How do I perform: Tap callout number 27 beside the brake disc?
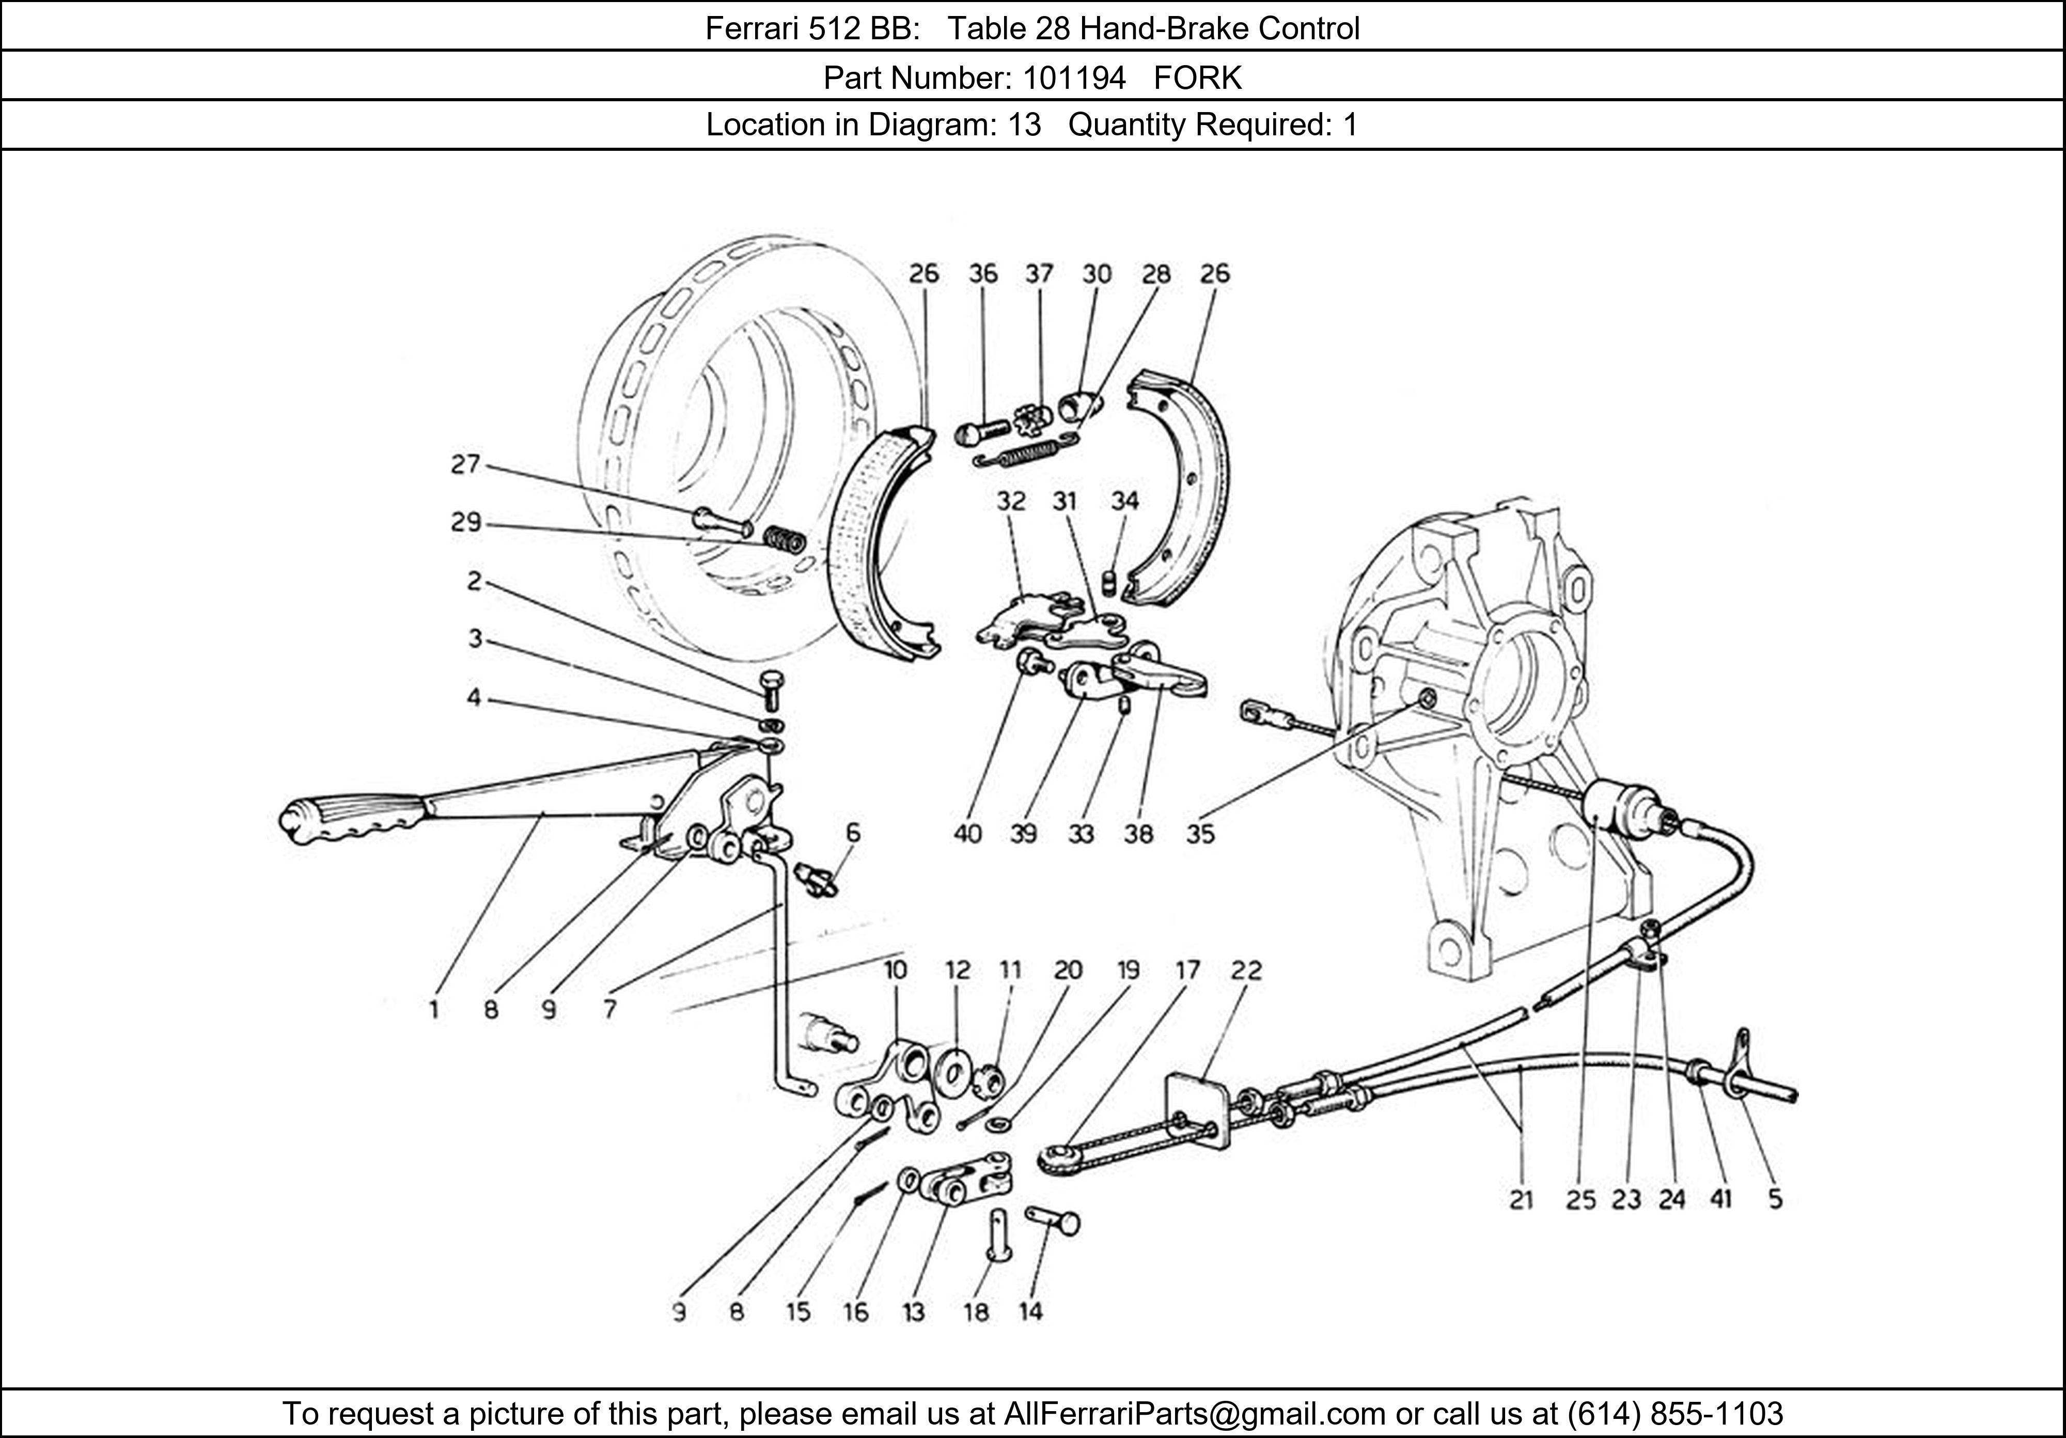(x=465, y=464)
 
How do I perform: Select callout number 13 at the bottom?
(x=913, y=1312)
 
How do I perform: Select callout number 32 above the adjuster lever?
(x=1010, y=501)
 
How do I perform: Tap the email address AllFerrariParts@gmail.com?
(x=1194, y=1414)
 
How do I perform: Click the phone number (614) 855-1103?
(x=1673, y=1414)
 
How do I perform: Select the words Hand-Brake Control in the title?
(x=1219, y=29)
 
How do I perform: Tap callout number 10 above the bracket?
(x=895, y=970)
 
